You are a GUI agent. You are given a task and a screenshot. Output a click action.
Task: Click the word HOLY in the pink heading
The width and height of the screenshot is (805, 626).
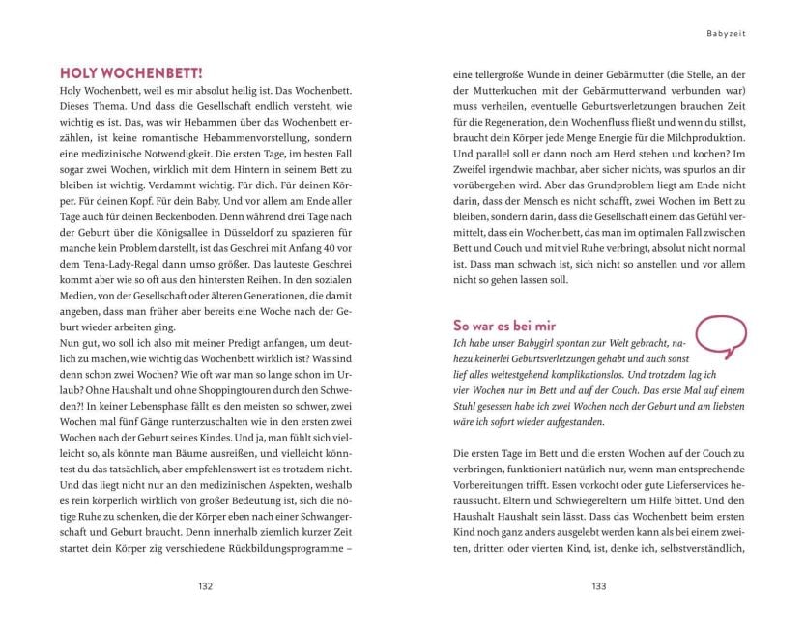pyautogui.click(x=81, y=72)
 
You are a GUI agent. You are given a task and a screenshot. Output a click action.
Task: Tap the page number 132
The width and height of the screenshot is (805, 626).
pyautogui.click(x=204, y=585)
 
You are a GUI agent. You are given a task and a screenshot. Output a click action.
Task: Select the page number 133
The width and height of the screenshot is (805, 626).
pyautogui.click(x=598, y=585)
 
